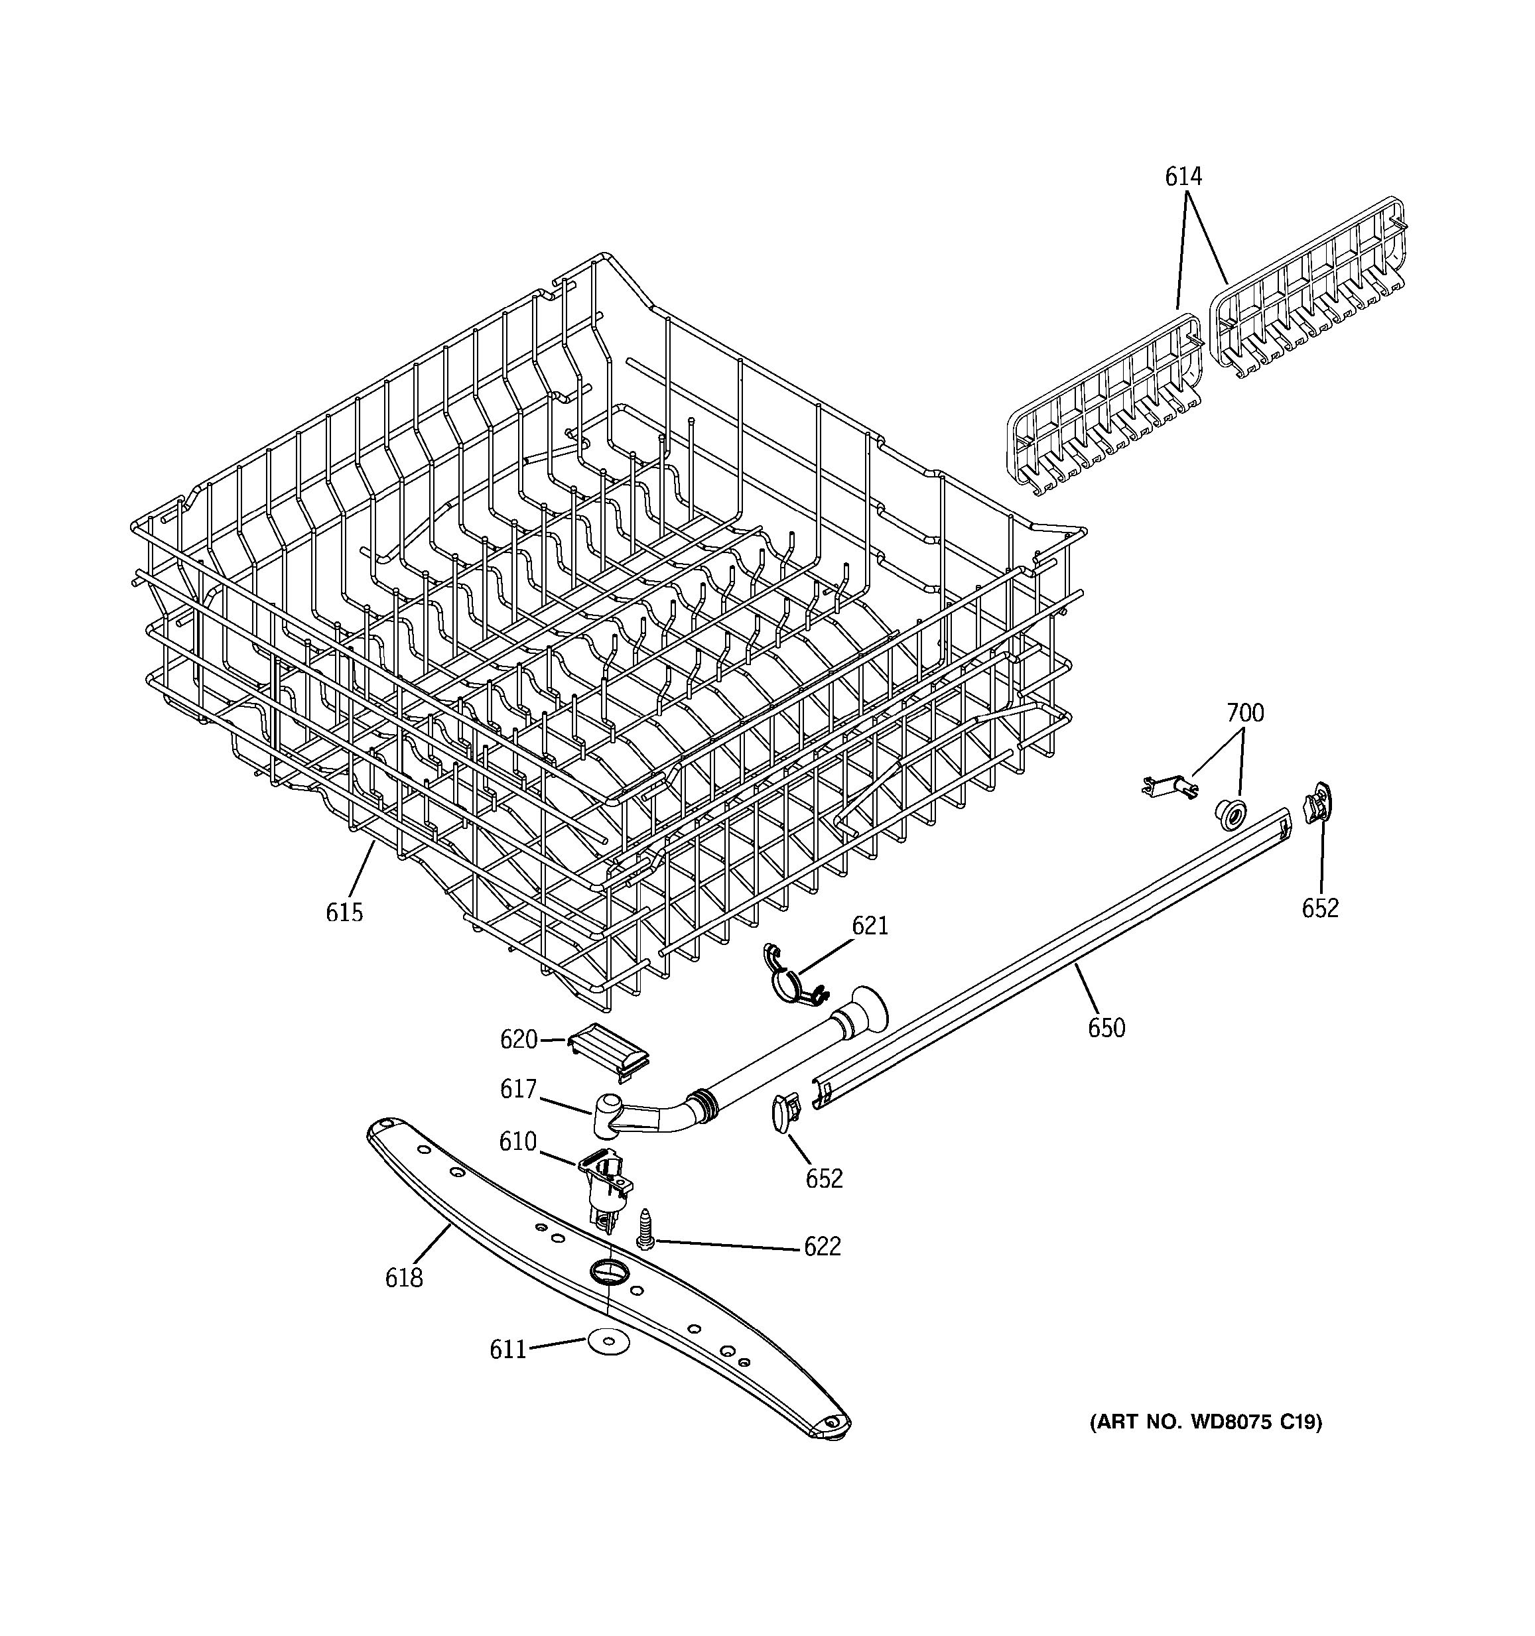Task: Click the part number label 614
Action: (x=1183, y=177)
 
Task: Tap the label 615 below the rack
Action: (x=344, y=912)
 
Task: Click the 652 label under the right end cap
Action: (x=1320, y=908)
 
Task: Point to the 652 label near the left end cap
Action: (x=824, y=1178)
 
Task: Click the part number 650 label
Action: (x=1106, y=1028)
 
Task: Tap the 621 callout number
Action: (x=870, y=926)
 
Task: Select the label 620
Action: (x=519, y=1039)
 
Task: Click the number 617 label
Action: (x=519, y=1089)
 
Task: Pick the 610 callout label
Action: (x=517, y=1141)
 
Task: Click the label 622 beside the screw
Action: (x=823, y=1247)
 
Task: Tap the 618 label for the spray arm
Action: (x=404, y=1278)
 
